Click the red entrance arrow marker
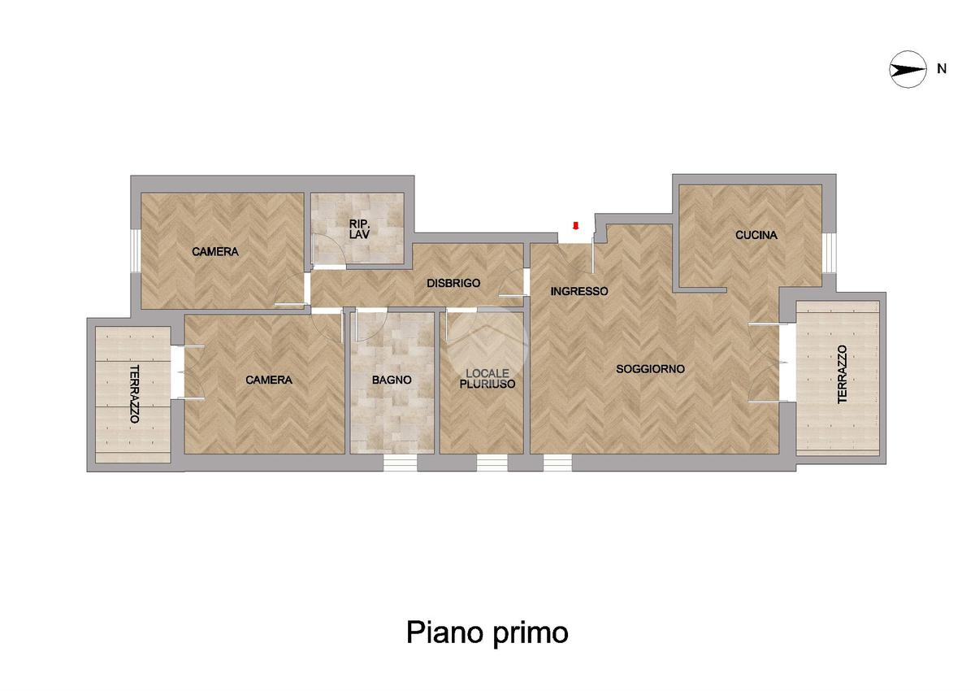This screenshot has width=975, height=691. coord(575,225)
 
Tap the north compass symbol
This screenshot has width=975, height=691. coord(908,70)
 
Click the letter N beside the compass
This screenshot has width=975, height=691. coord(942,69)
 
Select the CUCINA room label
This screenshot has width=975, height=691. coord(756,235)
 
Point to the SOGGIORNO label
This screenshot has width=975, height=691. coord(650,369)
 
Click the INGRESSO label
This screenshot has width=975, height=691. coord(578,291)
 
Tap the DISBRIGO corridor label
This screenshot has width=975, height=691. coord(453,283)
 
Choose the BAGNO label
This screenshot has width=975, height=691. coord(392,380)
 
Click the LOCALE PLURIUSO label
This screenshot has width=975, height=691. coord(487,378)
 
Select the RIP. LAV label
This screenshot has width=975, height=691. coord(359,229)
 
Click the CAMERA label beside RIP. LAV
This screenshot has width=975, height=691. coord(215,252)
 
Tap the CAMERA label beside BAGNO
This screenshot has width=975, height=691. coord(269,380)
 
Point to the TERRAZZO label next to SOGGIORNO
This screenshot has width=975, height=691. coord(843,374)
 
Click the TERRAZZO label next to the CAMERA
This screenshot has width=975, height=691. coord(135,393)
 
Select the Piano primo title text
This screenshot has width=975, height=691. coord(487,632)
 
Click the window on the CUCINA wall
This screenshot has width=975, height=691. coord(830,253)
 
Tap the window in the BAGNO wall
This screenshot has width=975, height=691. coord(400,463)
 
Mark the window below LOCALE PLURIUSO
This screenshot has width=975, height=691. coord(492,463)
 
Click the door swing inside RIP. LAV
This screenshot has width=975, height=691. coord(330,249)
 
